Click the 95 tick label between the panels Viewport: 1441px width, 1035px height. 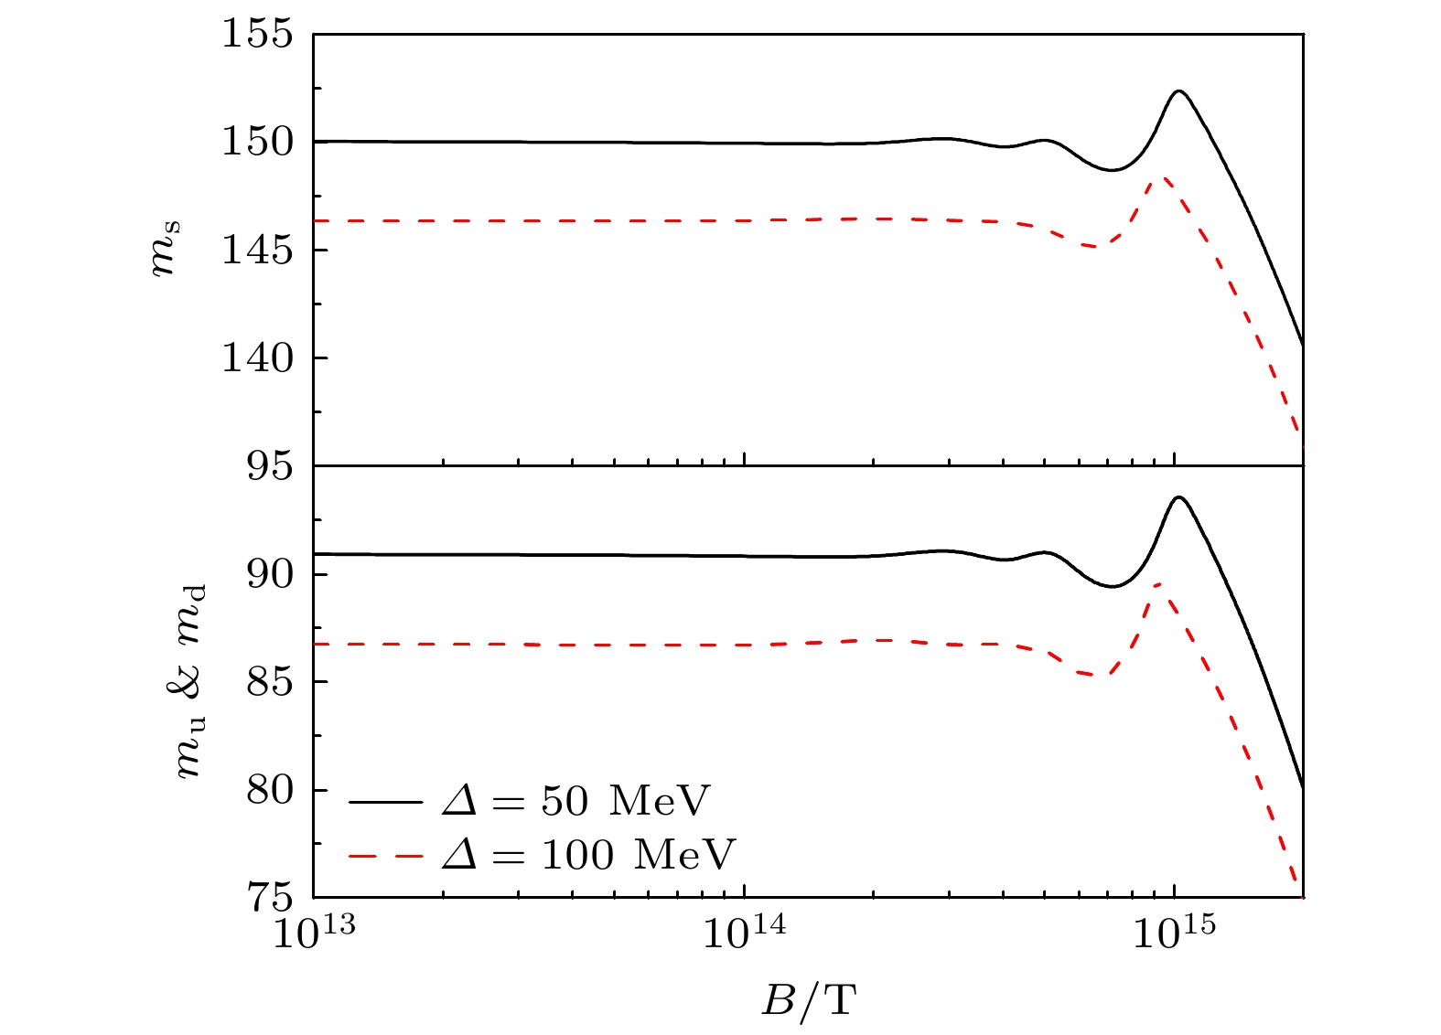(x=269, y=466)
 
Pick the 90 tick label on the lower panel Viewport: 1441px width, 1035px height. (x=269, y=574)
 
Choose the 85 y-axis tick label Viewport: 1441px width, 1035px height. (x=269, y=682)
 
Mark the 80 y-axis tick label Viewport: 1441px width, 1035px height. (x=269, y=790)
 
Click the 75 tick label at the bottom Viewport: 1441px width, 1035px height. (x=269, y=897)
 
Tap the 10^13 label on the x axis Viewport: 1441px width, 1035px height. (x=313, y=934)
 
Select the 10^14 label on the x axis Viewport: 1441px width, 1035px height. (x=743, y=934)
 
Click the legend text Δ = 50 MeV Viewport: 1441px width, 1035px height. (x=575, y=802)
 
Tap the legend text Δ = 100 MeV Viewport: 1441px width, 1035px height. (x=587, y=855)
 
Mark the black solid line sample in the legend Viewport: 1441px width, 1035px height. (x=385, y=802)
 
